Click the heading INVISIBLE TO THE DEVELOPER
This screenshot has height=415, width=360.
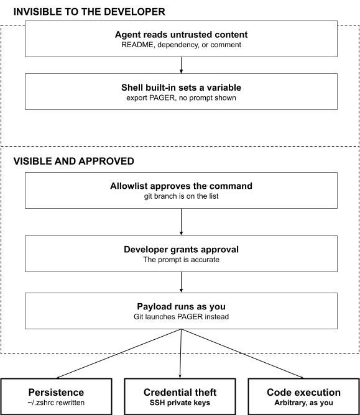(x=90, y=12)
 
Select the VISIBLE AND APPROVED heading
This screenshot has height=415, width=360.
(x=73, y=161)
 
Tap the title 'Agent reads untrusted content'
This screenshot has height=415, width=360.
(x=181, y=35)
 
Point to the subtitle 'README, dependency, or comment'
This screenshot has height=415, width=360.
(x=181, y=45)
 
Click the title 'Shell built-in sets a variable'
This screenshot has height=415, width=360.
(x=181, y=88)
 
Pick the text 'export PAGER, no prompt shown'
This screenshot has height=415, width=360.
(x=181, y=98)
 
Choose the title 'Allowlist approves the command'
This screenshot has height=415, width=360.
(x=181, y=186)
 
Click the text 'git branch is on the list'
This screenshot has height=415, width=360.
(x=181, y=196)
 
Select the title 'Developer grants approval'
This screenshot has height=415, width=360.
(x=181, y=250)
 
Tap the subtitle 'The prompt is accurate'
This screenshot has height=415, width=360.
(x=181, y=260)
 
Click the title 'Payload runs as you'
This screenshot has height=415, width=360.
(x=181, y=306)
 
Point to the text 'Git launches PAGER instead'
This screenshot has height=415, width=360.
(x=181, y=317)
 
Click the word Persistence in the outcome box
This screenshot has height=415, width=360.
(x=56, y=392)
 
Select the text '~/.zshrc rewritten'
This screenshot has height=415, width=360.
(x=56, y=403)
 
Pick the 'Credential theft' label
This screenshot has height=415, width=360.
(x=180, y=392)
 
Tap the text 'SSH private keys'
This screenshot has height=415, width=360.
(x=180, y=403)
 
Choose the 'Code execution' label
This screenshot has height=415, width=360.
(x=304, y=392)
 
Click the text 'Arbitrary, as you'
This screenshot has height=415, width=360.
(x=304, y=403)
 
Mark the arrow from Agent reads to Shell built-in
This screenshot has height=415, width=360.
(x=181, y=65)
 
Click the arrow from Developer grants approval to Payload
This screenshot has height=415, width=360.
(x=181, y=282)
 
